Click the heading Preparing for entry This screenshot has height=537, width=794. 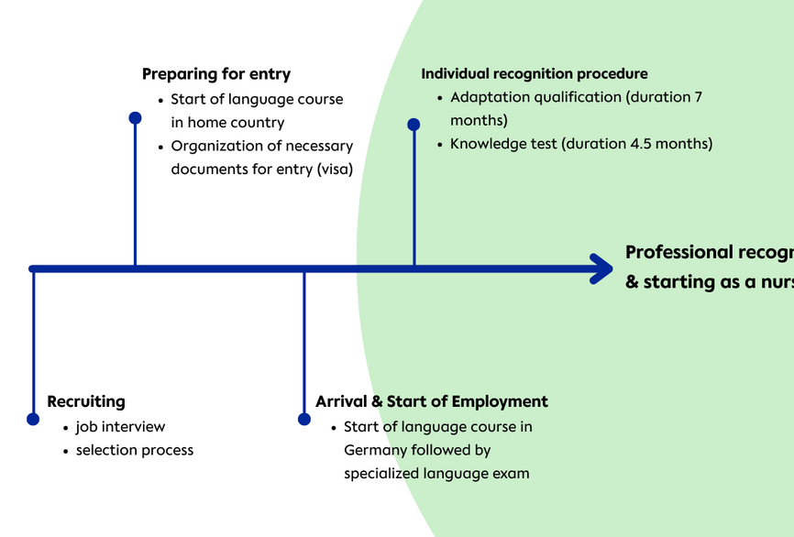coord(216,74)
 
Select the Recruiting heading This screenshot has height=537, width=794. coord(86,401)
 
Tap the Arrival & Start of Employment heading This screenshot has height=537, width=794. coord(432,401)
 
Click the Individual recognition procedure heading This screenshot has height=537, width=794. coord(535,73)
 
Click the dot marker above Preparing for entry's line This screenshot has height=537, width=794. coord(135,117)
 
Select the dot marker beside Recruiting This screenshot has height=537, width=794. coord(33,419)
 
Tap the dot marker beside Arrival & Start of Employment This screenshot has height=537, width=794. coord(304,419)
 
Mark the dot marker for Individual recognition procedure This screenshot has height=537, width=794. coord(414,124)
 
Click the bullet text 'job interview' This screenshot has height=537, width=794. coord(121,426)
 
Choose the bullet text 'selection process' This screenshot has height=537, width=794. coord(135,450)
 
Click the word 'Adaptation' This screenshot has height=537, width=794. coord(491,97)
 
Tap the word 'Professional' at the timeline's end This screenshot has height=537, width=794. coord(678,252)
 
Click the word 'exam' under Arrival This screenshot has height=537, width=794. coord(511,474)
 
